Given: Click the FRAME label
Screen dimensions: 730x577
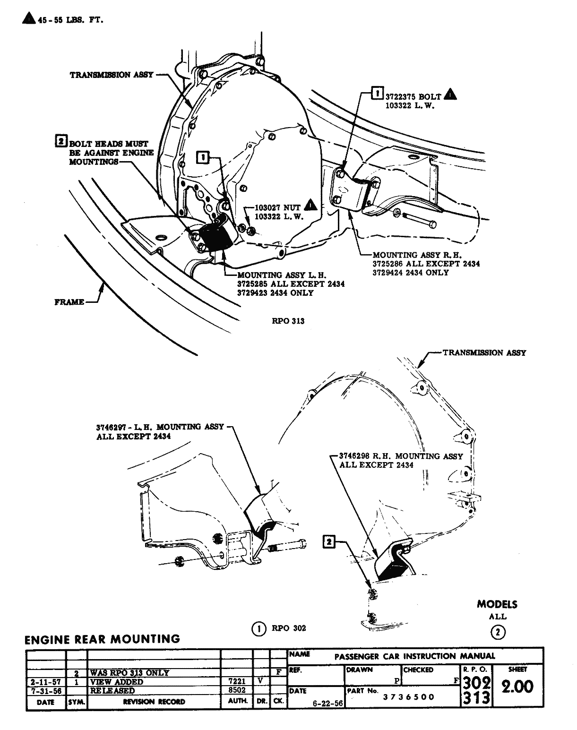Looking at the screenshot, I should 69,302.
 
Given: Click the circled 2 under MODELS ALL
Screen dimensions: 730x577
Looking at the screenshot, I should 498,632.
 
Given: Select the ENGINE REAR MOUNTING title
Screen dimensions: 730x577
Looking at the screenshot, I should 102,639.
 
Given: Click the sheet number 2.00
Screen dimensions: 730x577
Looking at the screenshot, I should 517,687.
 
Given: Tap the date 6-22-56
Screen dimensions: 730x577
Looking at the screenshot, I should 328,702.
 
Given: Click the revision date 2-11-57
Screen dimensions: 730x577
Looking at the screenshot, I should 45,682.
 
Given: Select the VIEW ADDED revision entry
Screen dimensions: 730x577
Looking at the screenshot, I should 116,682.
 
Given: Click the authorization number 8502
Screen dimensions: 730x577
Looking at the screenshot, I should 237,690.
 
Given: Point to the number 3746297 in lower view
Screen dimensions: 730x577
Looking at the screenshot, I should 112,427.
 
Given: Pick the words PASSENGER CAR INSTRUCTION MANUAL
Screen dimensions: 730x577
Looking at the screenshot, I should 414,656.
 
